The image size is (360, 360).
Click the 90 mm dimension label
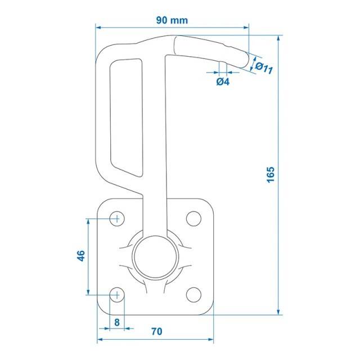(172, 20)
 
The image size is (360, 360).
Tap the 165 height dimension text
(271, 175)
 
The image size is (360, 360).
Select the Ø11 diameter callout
(264, 67)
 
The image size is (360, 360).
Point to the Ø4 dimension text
(223, 82)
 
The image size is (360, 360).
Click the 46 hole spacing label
(81, 255)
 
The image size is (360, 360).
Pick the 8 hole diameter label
(117, 322)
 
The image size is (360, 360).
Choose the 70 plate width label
(156, 331)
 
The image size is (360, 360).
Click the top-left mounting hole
(117, 219)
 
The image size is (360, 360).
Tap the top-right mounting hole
(193, 219)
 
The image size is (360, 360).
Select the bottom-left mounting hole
(117, 295)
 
